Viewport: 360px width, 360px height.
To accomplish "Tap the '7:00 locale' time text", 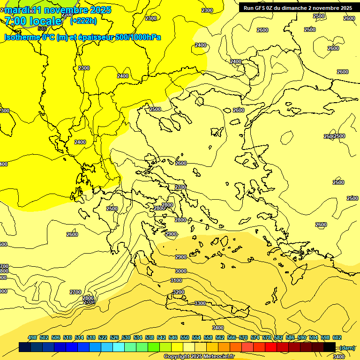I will (33, 21).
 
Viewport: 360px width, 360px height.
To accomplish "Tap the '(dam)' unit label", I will (347, 347).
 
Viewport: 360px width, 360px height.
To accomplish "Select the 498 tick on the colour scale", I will (32, 337).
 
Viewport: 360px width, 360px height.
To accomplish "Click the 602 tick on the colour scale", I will (337, 337).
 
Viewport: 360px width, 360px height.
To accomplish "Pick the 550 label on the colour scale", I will (185, 337).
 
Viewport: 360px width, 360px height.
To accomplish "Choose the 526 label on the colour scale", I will (114, 337).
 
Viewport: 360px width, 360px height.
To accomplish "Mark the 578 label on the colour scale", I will (267, 337).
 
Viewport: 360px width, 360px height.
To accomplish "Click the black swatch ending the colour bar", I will (329, 347).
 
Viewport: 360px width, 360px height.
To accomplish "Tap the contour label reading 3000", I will (181, 271).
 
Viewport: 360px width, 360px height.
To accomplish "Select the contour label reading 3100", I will (176, 280).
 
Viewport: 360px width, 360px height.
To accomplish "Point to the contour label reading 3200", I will (179, 292).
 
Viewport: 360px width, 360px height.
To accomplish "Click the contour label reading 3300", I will (200, 303).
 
